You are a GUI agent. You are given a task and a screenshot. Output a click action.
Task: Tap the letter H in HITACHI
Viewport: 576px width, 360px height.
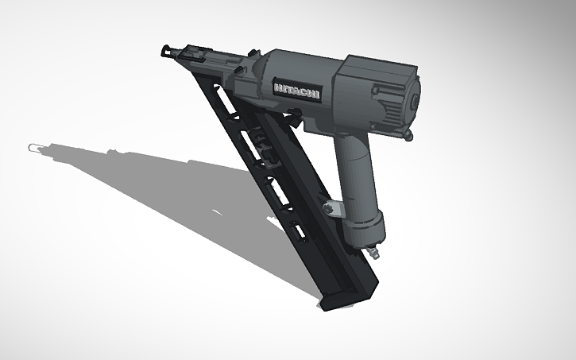[278, 85]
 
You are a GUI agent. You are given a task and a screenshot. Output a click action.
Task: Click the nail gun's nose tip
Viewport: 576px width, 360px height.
[166, 51]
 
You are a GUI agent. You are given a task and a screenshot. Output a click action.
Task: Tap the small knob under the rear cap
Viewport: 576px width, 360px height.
[408, 136]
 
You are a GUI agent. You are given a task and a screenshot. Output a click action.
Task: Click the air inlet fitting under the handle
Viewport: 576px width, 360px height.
[372, 252]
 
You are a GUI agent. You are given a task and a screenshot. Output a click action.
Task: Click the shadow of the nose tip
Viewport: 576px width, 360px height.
[33, 148]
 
